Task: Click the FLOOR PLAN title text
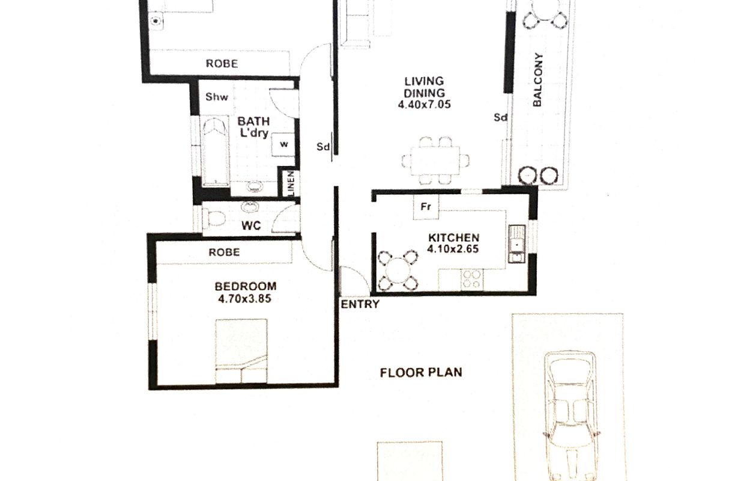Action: [421, 372]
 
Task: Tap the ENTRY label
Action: [360, 304]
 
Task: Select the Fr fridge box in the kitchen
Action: [426, 207]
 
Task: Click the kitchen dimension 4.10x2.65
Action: [453, 249]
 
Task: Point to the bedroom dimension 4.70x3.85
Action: [245, 298]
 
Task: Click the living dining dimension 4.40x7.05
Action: [424, 105]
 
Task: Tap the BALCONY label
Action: [537, 79]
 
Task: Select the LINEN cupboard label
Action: [291, 183]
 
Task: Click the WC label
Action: [251, 225]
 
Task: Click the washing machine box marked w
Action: [283, 144]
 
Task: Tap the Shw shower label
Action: [216, 97]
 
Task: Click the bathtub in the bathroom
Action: [215, 152]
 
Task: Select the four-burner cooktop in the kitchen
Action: [472, 280]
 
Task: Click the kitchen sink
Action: [516, 244]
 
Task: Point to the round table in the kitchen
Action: [398, 271]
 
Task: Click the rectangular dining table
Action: [435, 161]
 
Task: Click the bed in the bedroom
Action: [241, 351]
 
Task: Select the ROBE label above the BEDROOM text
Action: [224, 252]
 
